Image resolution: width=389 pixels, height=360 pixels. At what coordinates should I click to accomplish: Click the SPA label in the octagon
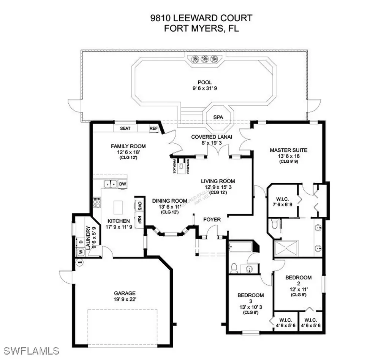click(218, 117)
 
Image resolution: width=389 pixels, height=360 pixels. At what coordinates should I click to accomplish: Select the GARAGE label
click(125, 293)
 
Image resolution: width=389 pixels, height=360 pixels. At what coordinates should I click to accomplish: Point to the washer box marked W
click(80, 252)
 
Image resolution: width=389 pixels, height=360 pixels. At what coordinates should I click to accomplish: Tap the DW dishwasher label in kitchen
click(122, 184)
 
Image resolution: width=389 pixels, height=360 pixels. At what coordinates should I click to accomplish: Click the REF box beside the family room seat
click(153, 128)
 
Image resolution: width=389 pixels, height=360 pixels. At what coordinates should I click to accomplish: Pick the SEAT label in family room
click(125, 128)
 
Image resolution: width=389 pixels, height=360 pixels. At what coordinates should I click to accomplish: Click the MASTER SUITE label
click(288, 150)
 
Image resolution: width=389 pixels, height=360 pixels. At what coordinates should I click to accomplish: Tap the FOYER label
click(212, 219)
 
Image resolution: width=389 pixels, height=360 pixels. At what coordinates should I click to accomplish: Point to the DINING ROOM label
click(169, 201)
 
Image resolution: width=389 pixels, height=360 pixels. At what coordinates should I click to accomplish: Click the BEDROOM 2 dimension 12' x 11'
click(298, 289)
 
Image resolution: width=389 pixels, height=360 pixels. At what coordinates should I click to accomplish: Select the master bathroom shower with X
click(287, 248)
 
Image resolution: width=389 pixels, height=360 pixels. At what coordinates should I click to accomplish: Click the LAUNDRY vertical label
click(89, 238)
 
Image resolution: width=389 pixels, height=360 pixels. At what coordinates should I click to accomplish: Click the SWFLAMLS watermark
click(30, 350)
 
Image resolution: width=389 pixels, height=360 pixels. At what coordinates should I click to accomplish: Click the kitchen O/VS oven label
click(139, 206)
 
